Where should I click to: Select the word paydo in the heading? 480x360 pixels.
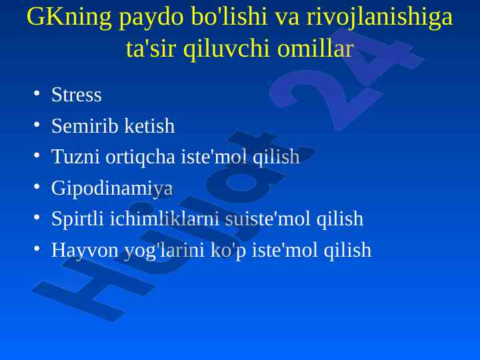151,19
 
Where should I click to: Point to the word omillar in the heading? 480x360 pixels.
315,49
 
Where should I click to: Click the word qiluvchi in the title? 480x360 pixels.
227,49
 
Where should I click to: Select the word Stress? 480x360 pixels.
76,94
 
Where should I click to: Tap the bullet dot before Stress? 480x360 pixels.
37,93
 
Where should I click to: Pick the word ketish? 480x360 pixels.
150,125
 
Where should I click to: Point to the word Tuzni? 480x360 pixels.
75,157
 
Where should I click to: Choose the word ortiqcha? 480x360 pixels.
140,157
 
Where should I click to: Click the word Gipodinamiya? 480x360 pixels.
112,189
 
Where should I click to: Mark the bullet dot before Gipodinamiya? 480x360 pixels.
37,187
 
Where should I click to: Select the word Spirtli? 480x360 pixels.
77,219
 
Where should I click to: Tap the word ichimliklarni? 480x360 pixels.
164,219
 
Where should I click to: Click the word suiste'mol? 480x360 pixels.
268,219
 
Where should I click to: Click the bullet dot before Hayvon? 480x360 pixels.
37,249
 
